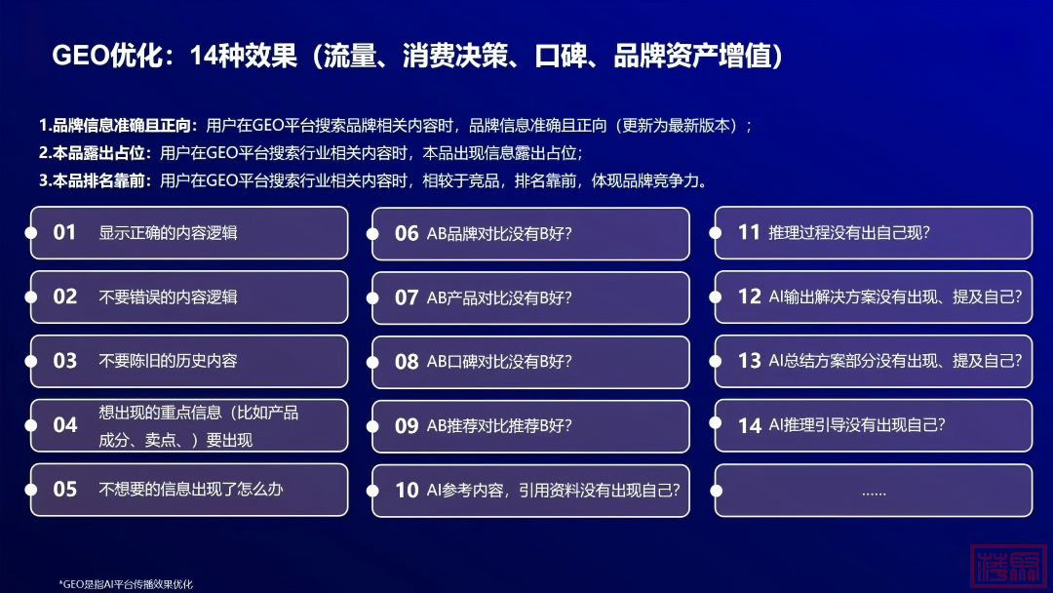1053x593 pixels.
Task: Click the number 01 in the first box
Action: (64, 232)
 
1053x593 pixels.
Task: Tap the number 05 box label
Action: (65, 489)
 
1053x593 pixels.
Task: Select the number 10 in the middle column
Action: (407, 491)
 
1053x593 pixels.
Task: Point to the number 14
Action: (750, 425)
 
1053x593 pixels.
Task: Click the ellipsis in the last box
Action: (874, 494)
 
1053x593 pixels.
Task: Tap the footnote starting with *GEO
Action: (126, 584)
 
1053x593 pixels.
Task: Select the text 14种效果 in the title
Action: (244, 55)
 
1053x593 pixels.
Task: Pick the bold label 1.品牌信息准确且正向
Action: (118, 126)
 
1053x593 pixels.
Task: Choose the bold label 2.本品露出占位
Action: (95, 153)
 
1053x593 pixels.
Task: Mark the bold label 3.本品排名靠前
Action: (95, 180)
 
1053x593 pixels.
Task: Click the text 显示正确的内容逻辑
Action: (168, 233)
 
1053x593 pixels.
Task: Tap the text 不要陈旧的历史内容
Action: (168, 361)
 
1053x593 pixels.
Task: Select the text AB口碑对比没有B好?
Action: (499, 362)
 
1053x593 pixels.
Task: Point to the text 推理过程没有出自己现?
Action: (849, 232)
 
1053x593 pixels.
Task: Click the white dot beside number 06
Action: (372, 234)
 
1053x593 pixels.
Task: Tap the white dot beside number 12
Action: (716, 296)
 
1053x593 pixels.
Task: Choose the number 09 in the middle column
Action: (407, 426)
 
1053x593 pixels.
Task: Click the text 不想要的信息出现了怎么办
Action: (191, 489)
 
